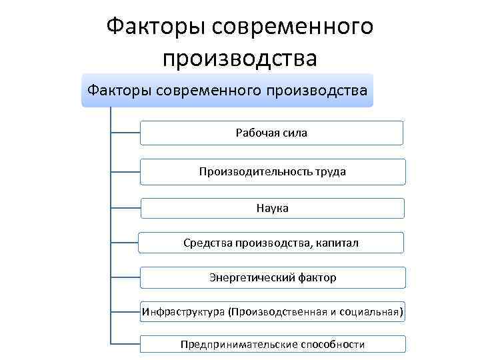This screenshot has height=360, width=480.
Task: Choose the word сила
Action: coord(295,133)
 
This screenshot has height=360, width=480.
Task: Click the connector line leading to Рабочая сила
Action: coord(125,133)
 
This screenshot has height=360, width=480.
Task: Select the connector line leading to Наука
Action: coord(125,208)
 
